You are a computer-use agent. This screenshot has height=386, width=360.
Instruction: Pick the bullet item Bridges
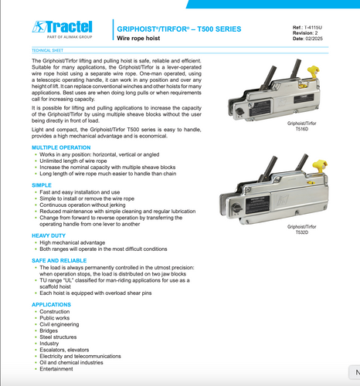click(49, 330)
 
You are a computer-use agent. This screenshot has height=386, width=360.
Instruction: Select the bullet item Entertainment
click(57, 369)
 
